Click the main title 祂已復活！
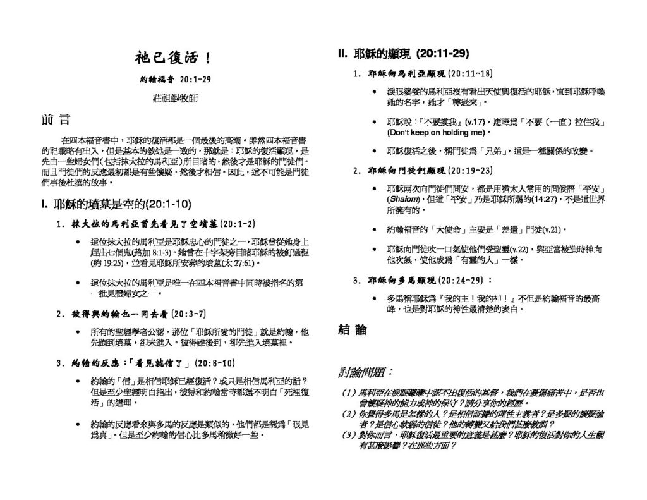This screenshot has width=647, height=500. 172,59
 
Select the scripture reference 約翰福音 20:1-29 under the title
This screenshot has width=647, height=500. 175,80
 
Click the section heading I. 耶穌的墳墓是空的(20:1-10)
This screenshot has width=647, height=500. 115,204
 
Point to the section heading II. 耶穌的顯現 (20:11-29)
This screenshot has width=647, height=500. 404,54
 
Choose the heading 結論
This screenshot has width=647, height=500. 353,330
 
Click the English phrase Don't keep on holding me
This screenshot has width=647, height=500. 435,133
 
